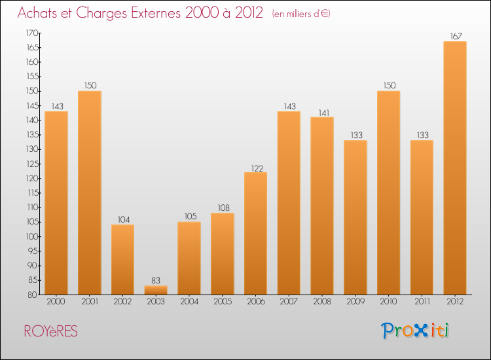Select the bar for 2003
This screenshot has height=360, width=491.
coord(156,290)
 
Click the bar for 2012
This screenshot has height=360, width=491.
coord(455,168)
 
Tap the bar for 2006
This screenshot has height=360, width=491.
coord(255,233)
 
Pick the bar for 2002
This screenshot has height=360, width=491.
coord(122,259)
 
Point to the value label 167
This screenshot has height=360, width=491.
coord(455,36)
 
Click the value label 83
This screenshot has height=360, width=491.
coord(156,280)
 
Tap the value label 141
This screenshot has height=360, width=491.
coord(322,112)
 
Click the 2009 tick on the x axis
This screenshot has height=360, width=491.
coord(355,302)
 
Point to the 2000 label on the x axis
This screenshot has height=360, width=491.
coord(56,302)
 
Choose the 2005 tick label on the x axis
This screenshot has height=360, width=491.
coord(223,302)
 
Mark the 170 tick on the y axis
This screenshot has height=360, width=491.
coord(31,33)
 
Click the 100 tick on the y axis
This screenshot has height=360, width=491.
coord(31,236)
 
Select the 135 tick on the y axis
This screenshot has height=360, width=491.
coord(31,135)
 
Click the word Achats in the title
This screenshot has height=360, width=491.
coord(38,12)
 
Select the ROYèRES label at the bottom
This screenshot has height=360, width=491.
coord(50,332)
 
